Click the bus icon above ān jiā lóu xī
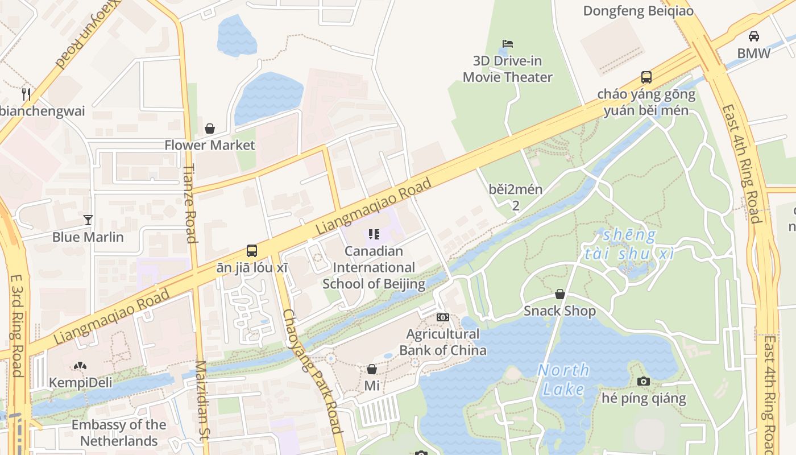point(252,250)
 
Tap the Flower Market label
point(210,145)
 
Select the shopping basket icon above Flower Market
point(210,129)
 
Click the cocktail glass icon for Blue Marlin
point(88,220)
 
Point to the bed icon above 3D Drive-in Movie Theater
point(508,44)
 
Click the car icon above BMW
point(754,36)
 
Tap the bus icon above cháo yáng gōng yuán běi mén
point(646,77)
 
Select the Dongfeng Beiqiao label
point(638,11)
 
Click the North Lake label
point(563,380)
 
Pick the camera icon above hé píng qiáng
point(644,381)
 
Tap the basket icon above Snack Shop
point(560,294)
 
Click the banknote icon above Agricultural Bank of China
point(443,317)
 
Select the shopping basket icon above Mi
point(372,369)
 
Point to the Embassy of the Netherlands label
point(119,433)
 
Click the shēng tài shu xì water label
point(629,244)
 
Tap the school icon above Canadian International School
point(374,234)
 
